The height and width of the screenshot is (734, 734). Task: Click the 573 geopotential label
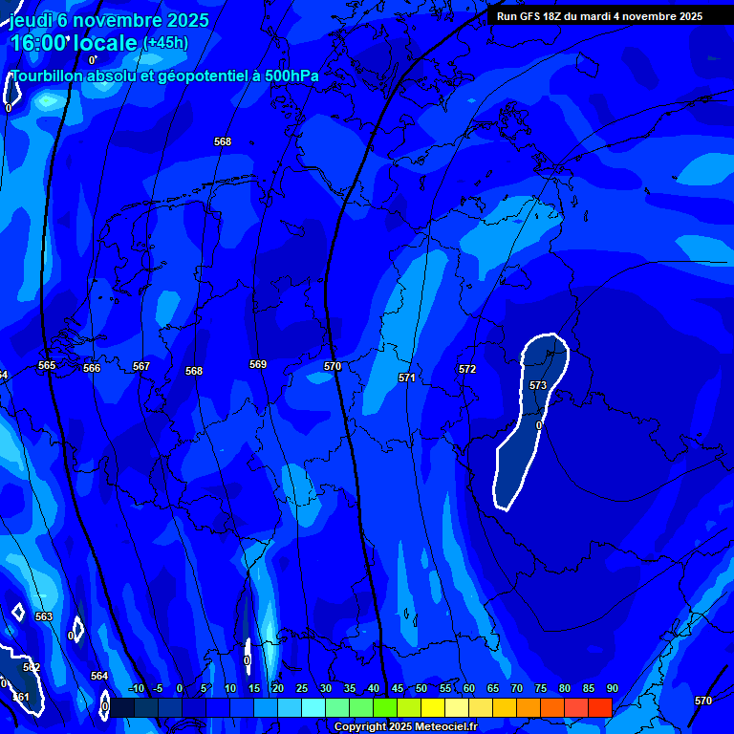click(x=538, y=385)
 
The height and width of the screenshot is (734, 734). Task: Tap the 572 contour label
click(x=467, y=369)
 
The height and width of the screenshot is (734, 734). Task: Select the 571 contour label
click(x=407, y=378)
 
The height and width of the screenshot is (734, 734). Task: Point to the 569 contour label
click(x=258, y=364)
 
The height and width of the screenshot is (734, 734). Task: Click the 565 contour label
click(x=47, y=365)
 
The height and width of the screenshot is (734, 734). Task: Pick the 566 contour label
click(x=92, y=368)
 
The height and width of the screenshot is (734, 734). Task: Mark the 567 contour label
click(x=141, y=366)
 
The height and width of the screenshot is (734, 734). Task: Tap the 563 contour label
click(x=44, y=616)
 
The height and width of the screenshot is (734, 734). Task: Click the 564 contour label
click(x=99, y=676)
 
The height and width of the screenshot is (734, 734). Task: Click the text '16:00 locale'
click(x=75, y=43)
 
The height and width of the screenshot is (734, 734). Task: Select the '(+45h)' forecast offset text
click(x=165, y=43)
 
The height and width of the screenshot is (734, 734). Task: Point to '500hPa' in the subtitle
click(x=291, y=76)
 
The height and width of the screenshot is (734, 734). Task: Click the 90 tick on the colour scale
click(x=612, y=688)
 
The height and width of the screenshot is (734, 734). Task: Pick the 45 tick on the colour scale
click(x=398, y=688)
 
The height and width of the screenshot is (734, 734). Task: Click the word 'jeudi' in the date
click(x=32, y=20)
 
